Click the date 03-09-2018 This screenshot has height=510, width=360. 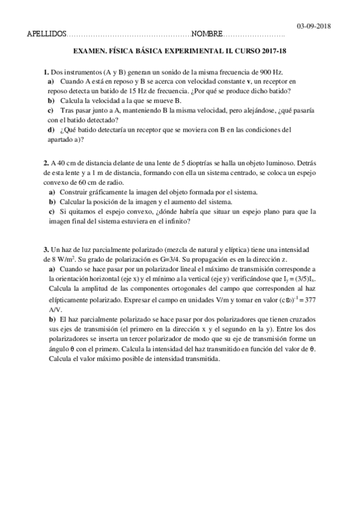tap(314, 26)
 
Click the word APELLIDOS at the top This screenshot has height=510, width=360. tap(47, 34)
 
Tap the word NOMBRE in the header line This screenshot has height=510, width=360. tap(208, 34)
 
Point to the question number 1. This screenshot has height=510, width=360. tap(46, 71)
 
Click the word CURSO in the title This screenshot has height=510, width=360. tap(245, 52)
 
